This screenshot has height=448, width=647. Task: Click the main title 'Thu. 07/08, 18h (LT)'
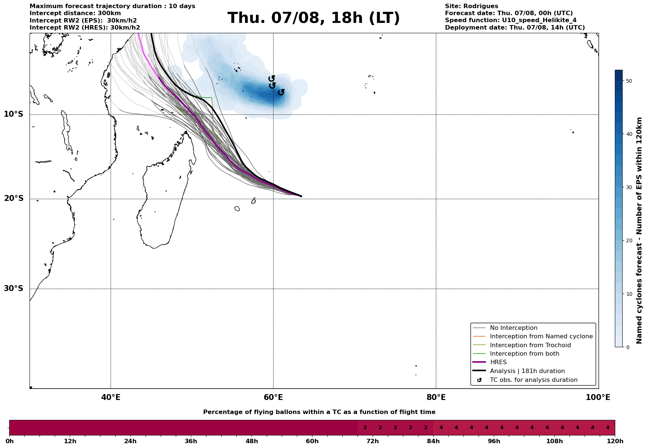point(314,18)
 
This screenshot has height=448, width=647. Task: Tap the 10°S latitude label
point(14,114)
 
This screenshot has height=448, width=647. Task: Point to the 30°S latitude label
point(14,288)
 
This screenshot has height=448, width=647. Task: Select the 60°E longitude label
point(273,397)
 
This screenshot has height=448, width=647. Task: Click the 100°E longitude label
point(598,397)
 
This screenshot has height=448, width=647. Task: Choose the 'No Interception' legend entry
point(513,328)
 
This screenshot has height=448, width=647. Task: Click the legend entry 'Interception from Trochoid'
point(530,345)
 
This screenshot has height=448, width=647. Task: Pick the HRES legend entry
point(498,362)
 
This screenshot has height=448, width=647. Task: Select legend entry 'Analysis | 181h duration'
point(527,371)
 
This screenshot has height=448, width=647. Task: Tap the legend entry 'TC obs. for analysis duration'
point(533,380)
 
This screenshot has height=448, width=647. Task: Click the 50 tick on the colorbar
point(629,81)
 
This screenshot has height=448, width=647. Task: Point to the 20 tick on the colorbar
point(629,241)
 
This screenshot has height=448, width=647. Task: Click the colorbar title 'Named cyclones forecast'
point(640,230)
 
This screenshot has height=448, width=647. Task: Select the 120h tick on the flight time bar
point(615,441)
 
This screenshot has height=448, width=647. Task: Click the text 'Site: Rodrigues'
point(471,6)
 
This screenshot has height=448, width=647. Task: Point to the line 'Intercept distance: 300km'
point(75,13)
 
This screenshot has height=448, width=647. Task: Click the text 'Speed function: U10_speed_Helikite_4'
point(510,20)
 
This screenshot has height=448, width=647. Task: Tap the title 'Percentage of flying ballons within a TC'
point(319,412)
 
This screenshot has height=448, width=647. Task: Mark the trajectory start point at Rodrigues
point(301,196)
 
